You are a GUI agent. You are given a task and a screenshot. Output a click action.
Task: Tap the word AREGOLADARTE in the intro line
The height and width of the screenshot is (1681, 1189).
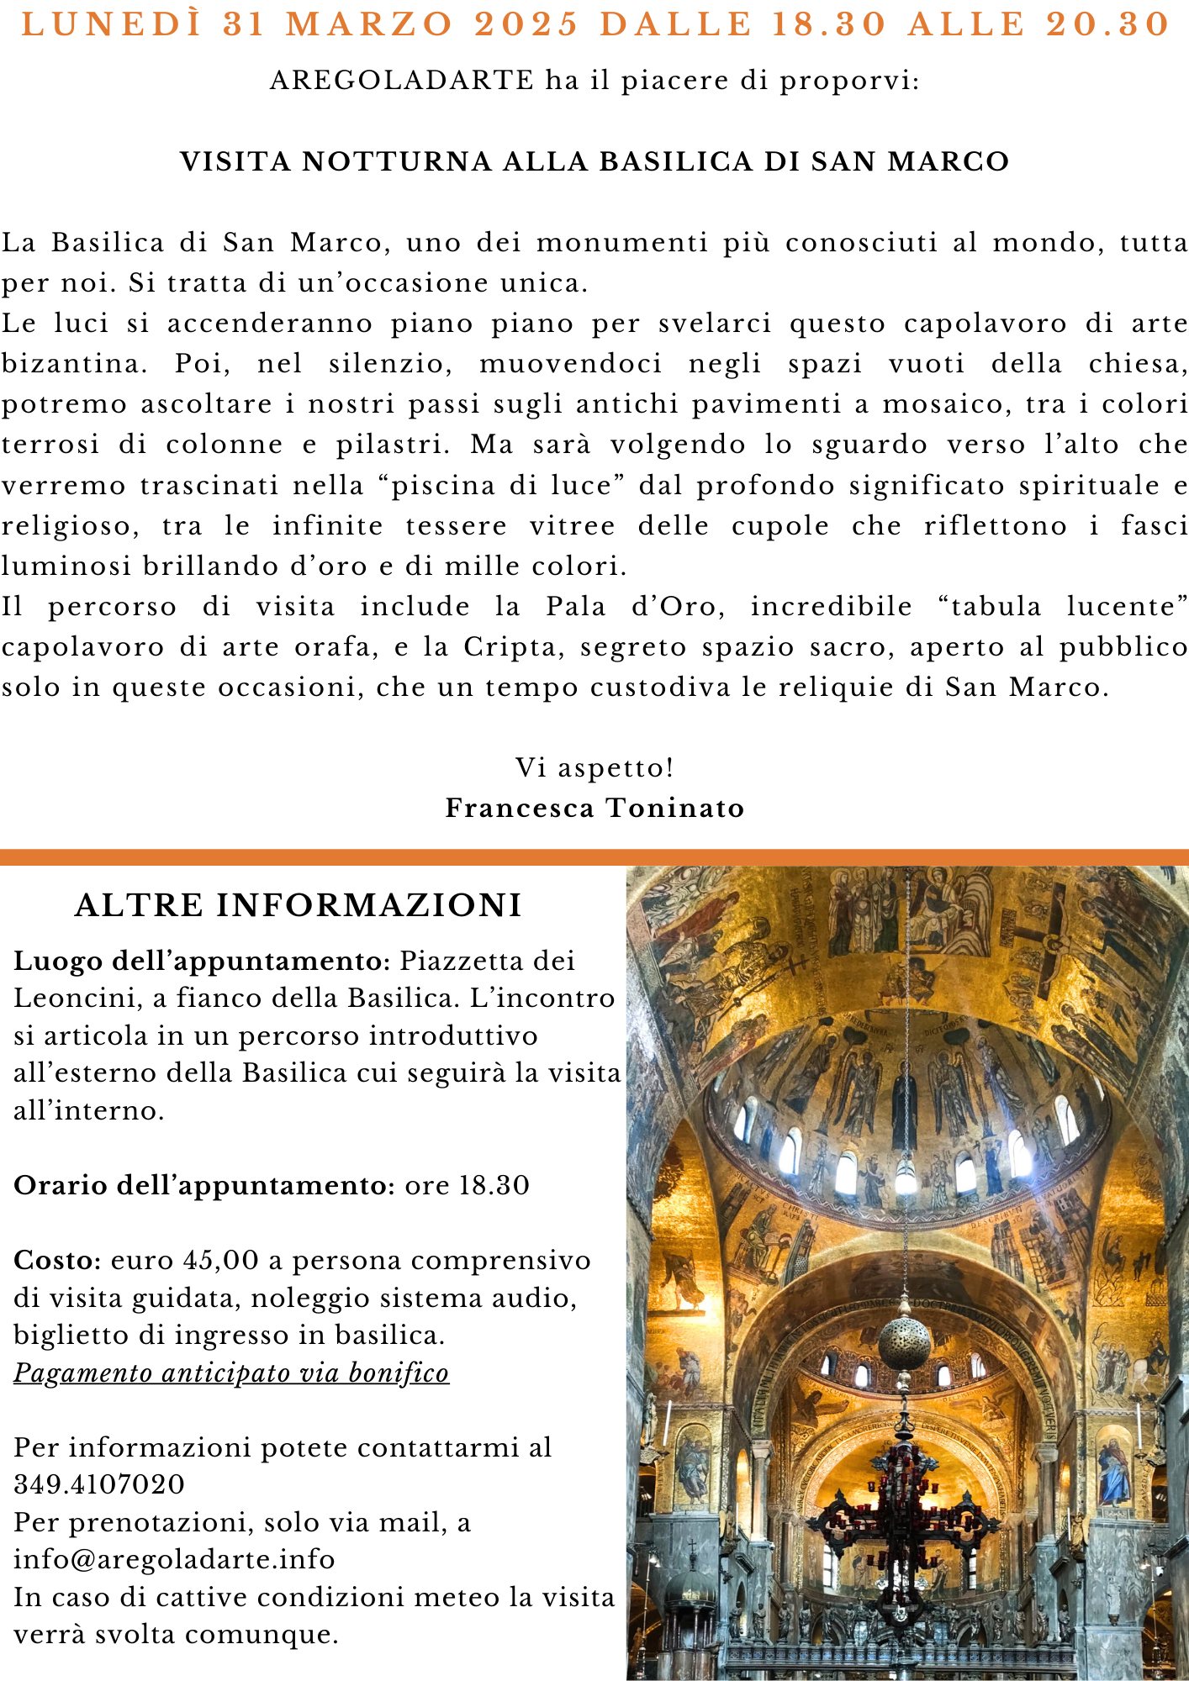(x=402, y=81)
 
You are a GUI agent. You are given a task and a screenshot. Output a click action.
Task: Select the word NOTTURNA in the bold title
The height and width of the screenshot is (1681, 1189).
(x=397, y=161)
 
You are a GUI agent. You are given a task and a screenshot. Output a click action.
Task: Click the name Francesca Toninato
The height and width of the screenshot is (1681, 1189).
(x=594, y=808)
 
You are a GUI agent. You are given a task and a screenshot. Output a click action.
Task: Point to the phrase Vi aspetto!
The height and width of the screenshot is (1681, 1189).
(x=594, y=767)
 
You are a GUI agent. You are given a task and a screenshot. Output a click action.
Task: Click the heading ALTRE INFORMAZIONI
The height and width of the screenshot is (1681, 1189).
(x=299, y=905)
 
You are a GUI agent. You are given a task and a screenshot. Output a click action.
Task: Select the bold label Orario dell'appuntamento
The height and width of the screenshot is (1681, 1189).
(x=204, y=1185)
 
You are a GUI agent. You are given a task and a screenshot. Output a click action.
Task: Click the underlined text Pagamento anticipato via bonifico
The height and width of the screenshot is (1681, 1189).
(x=231, y=1373)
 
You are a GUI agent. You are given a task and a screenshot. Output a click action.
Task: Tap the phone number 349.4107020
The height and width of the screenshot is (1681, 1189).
(x=99, y=1484)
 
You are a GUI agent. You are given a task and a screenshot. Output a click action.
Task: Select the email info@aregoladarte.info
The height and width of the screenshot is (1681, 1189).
(x=174, y=1559)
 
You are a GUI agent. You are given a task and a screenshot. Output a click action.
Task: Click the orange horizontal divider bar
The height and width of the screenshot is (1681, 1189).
(x=594, y=856)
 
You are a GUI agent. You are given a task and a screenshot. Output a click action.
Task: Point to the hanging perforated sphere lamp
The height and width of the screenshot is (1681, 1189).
(x=904, y=1341)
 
